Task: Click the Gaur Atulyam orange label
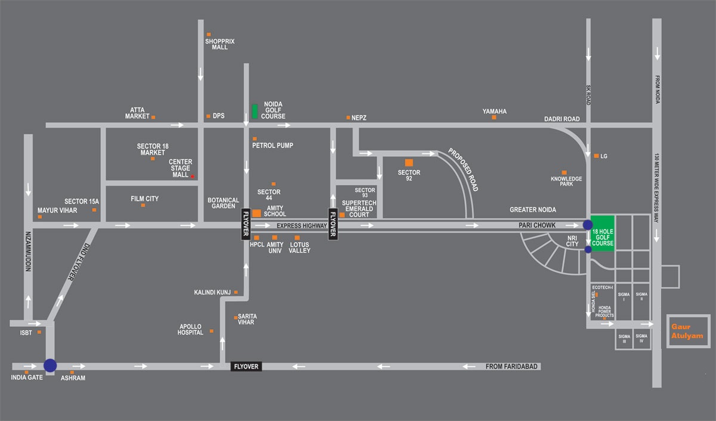(687, 332)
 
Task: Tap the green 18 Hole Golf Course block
(603, 233)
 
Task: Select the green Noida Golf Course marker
(255, 111)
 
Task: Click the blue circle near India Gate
(50, 365)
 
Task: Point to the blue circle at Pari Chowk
(588, 225)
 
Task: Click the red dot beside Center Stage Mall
(192, 177)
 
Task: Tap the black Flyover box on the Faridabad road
(246, 366)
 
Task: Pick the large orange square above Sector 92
(409, 162)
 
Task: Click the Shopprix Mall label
(220, 44)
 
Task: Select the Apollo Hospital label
(191, 330)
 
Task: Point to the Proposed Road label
(464, 170)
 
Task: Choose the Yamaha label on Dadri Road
(495, 112)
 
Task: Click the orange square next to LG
(595, 156)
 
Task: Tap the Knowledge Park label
(566, 181)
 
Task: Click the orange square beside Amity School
(257, 213)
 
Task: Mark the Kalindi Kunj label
(212, 292)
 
